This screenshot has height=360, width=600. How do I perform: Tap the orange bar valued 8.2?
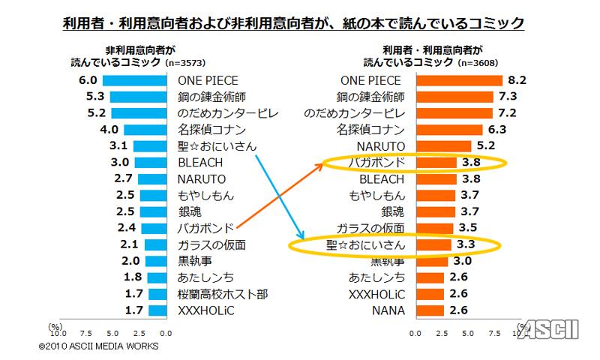point(455,80)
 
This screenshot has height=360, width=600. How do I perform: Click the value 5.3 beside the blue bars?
point(95,97)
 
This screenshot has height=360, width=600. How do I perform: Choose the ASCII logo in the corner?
point(559,329)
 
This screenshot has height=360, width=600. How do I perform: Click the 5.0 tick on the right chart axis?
point(471,331)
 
